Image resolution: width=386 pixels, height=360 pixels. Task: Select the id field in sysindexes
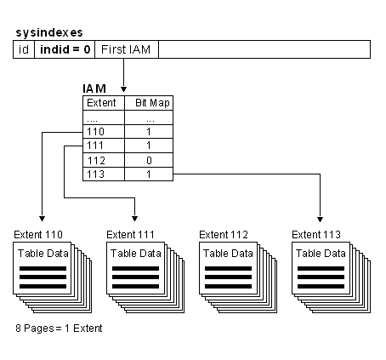click(x=24, y=50)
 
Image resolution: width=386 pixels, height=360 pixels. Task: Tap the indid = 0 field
click(x=64, y=50)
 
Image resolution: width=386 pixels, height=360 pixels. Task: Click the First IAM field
click(x=126, y=50)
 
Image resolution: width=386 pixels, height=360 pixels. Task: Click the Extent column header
click(x=102, y=103)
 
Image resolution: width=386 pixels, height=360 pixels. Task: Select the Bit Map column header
click(x=150, y=103)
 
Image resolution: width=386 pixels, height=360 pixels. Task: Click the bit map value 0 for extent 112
click(x=150, y=160)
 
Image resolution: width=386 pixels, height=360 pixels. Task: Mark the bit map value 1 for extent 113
click(x=150, y=174)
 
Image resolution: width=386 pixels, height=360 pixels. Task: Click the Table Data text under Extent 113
click(x=320, y=253)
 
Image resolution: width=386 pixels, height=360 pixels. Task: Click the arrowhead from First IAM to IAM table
click(x=124, y=89)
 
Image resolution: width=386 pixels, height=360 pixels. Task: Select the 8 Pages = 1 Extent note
click(x=60, y=328)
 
